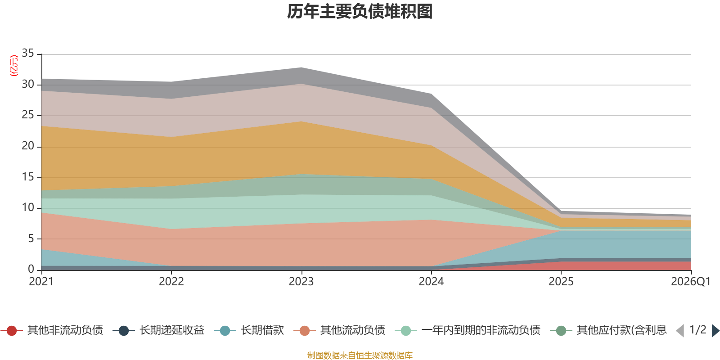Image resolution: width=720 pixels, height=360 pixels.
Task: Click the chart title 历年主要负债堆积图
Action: click(x=360, y=12)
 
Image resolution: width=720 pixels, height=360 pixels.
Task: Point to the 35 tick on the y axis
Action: click(x=27, y=53)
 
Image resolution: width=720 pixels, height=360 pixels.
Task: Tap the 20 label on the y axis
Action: click(x=27, y=146)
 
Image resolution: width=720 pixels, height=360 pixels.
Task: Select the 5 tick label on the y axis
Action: click(x=31, y=238)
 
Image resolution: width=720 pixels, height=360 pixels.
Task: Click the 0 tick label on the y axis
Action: click(x=31, y=269)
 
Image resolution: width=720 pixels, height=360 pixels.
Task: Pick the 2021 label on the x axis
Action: click(x=41, y=282)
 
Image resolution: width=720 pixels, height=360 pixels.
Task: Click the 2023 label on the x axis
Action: click(x=301, y=282)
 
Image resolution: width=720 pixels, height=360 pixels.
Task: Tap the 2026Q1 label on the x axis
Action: click(x=690, y=282)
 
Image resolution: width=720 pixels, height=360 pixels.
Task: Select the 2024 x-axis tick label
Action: click(x=431, y=282)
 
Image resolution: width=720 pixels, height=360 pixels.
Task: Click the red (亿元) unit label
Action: click(x=14, y=66)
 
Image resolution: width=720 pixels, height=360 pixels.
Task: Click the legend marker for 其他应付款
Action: click(x=561, y=330)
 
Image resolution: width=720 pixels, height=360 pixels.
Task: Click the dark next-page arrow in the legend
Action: click(x=715, y=330)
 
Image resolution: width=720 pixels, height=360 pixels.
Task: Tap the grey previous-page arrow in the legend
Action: click(x=680, y=330)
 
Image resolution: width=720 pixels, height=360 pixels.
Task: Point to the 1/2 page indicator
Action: click(x=698, y=330)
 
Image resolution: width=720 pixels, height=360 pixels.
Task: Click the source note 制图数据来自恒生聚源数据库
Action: click(x=360, y=355)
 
